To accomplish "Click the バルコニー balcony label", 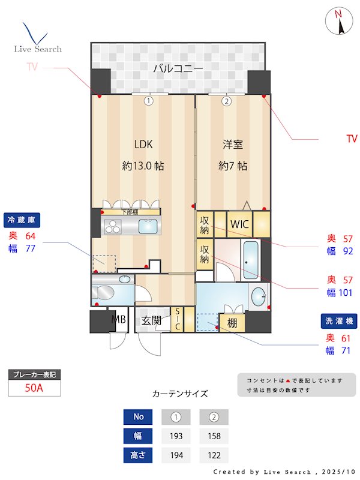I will pos(178,68).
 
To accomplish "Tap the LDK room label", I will pos(143,144).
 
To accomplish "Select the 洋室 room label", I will pos(233,144).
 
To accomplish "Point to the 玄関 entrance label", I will pos(151,320).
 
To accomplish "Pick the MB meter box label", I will pos(118,320).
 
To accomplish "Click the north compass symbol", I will pos(339,22).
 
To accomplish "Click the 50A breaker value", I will pos(34,388).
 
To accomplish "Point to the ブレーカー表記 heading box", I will pos(34,374).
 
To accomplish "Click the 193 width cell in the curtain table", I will pos(176,436).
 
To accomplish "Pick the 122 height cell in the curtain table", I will pos(214,455).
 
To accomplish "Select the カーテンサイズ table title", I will pos(180,394).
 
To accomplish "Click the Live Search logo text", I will pos(38,49).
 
